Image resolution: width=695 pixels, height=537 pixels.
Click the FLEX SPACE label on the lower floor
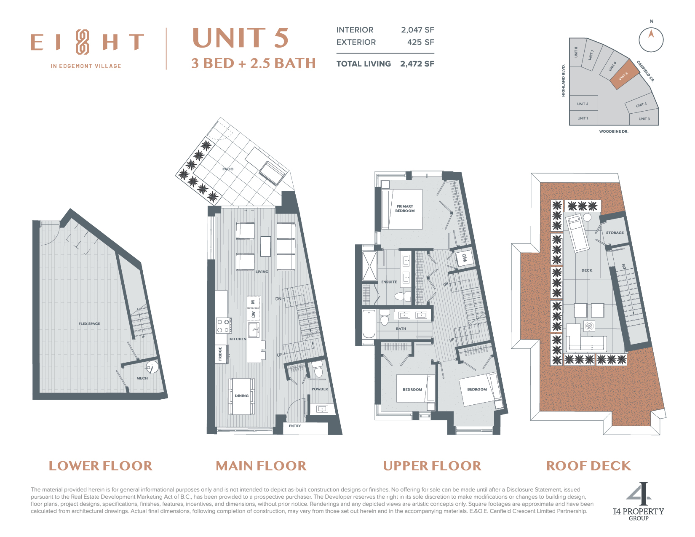coord(89,323)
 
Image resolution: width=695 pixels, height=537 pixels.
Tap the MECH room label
coord(142,378)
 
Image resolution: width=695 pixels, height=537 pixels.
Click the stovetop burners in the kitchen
coord(223,326)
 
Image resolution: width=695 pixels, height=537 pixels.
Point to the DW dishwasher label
coord(253,314)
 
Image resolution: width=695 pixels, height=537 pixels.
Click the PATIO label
coord(228,169)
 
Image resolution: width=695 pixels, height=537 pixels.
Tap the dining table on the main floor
coord(242,396)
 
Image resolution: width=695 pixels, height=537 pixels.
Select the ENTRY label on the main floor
coord(294,426)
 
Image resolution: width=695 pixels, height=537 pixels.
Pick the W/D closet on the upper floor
coord(465,257)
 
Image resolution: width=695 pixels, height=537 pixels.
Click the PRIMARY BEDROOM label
coord(405,208)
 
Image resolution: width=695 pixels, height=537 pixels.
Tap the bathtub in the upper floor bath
coord(369,323)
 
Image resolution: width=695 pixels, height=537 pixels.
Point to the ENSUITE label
coord(389,282)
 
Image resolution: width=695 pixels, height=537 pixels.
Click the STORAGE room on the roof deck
coord(615,232)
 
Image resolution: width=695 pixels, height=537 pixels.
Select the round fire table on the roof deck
coord(589,326)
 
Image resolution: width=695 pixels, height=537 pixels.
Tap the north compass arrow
coord(651,33)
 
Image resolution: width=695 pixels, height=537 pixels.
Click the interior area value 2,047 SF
coord(417,30)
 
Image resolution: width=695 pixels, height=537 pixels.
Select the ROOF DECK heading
coord(588,466)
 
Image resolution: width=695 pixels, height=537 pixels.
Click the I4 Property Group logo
coord(639,502)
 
